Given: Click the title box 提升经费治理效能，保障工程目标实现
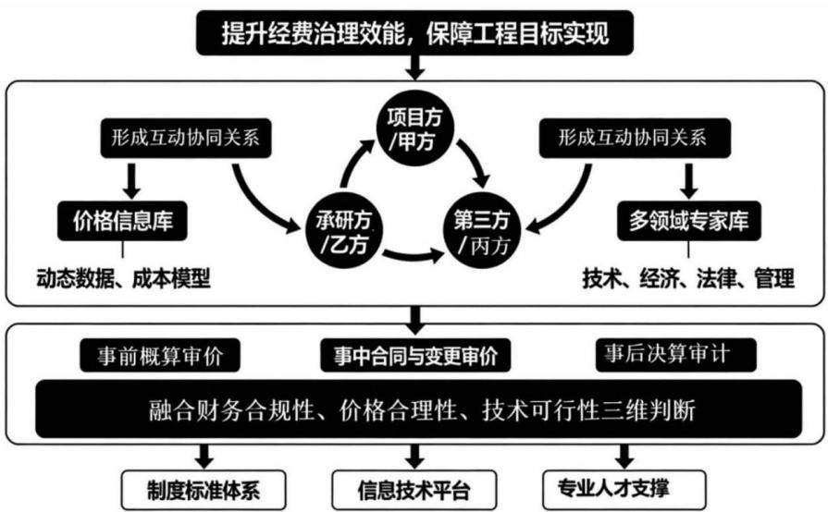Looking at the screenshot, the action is [414, 32].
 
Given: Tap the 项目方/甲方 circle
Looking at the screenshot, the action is [414, 128].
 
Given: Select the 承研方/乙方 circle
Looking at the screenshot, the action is [344, 231].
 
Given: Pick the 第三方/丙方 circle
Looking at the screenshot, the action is [482, 231].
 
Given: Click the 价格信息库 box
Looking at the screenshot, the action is [122, 221].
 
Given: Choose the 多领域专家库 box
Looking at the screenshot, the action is [689, 221].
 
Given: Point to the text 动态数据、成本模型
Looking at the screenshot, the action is [124, 278].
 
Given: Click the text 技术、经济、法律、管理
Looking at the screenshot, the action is [688, 278].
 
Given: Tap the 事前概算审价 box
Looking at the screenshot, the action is [160, 356].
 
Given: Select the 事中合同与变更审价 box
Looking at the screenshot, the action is [415, 356].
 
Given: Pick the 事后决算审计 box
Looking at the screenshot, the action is [676, 354].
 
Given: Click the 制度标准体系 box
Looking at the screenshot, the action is [204, 491].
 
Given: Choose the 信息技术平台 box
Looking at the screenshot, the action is [414, 491].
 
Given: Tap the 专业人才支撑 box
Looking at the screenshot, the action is [624, 489].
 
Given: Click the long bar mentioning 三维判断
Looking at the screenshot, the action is [418, 409].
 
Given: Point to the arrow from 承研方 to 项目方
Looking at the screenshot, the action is [352, 159].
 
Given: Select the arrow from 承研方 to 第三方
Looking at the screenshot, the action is [413, 257].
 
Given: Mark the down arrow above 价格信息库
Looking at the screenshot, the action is [131, 181].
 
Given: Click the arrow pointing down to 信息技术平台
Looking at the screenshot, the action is [414, 456].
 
